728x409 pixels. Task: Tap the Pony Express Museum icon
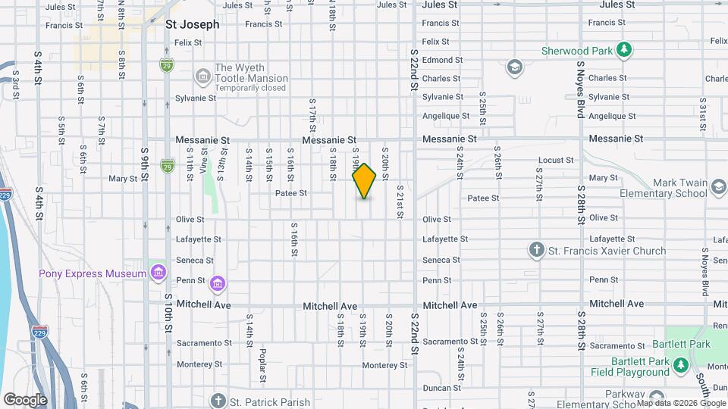pos(158,272)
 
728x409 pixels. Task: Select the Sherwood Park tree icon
pos(623,50)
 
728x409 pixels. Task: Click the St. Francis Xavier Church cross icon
pos(537,250)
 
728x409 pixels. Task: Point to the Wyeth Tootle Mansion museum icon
pos(202,76)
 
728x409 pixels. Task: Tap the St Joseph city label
pos(193,24)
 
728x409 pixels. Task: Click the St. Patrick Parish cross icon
pos(218,401)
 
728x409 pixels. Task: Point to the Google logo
pos(24,400)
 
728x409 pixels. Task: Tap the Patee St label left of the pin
pos(291,193)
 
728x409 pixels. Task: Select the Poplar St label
pos(262,364)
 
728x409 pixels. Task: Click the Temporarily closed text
pos(250,88)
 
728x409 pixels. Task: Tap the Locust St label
pos(556,161)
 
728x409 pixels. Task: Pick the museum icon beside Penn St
pos(218,283)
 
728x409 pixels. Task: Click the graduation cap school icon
pos(516,67)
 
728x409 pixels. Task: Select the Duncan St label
pos(437,387)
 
